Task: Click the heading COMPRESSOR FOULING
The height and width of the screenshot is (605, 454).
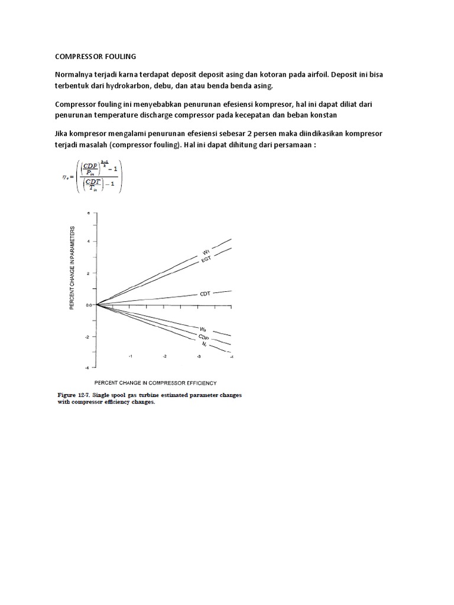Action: click(x=95, y=57)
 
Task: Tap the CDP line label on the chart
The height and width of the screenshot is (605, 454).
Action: click(x=205, y=336)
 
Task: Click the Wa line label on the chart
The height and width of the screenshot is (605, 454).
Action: click(x=203, y=328)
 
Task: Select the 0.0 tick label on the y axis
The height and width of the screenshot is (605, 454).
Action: click(x=88, y=305)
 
